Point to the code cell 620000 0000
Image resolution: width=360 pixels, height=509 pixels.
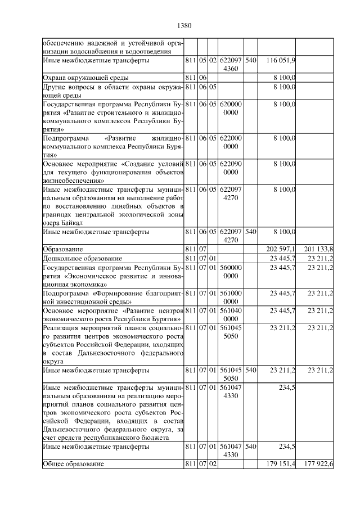click(231, 108)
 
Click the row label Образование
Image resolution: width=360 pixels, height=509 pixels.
click(63, 248)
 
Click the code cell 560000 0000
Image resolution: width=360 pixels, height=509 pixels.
click(231, 272)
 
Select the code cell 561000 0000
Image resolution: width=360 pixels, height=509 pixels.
click(231, 297)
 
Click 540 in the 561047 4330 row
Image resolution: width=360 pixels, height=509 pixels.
click(251, 447)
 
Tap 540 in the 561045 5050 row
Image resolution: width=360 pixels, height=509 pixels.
click(251, 370)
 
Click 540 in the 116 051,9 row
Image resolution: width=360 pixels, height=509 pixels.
click(251, 60)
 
